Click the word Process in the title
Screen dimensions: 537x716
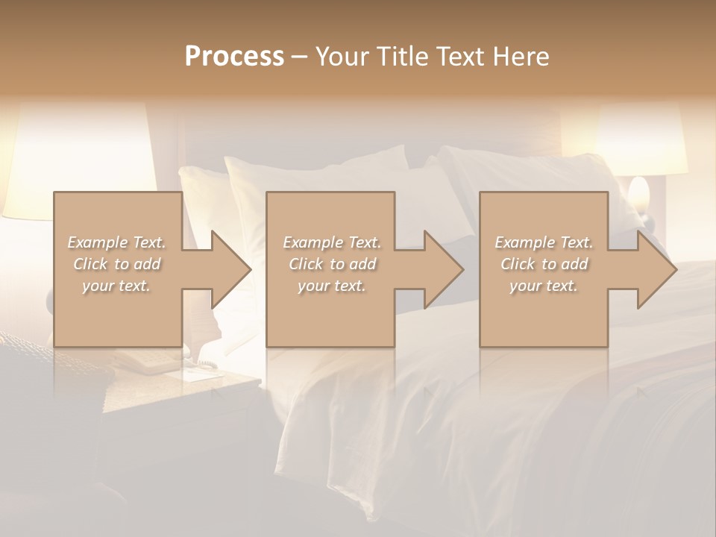(x=234, y=57)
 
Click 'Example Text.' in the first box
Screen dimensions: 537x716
(x=116, y=242)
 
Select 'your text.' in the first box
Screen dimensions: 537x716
(x=116, y=286)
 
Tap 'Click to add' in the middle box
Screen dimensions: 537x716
(x=332, y=264)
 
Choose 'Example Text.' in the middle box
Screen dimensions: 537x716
(x=332, y=242)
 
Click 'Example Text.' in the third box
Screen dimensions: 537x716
(x=544, y=242)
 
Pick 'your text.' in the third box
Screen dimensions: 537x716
(x=544, y=286)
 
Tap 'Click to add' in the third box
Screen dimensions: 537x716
(x=544, y=264)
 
